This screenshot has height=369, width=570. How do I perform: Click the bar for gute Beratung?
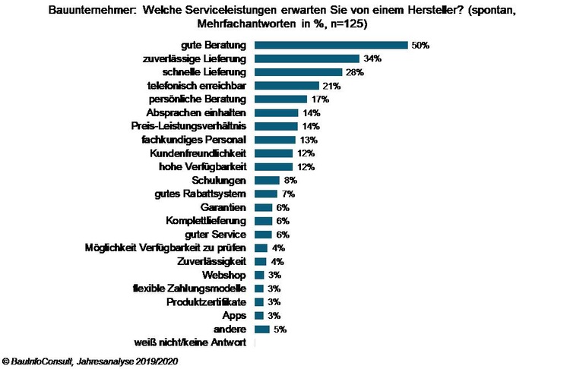tap(331, 45)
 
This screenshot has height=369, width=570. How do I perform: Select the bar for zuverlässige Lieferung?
tap(306, 58)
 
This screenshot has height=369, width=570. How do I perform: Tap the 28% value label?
tap(355, 72)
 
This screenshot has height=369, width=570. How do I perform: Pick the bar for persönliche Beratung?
tap(280, 99)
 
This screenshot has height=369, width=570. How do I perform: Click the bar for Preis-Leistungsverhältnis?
tap(276, 126)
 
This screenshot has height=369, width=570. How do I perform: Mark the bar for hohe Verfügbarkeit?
tap(273, 166)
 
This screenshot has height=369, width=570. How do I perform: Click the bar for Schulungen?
tap(267, 180)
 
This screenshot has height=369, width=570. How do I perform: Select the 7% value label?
tap(287, 194)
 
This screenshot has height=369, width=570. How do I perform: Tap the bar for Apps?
tap(259, 315)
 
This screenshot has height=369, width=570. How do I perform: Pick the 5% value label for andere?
tap(280, 329)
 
